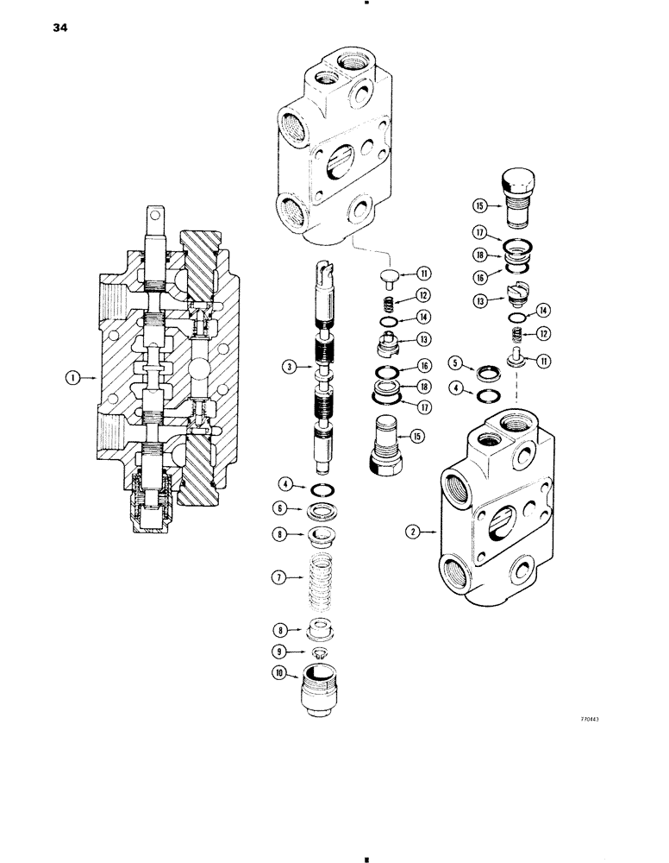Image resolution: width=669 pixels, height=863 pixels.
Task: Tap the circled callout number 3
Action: coord(290,367)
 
